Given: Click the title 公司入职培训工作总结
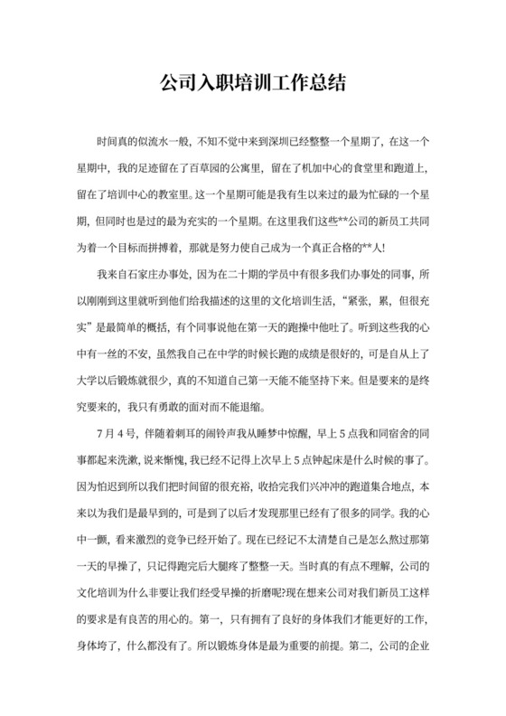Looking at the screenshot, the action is click(x=253, y=83).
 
